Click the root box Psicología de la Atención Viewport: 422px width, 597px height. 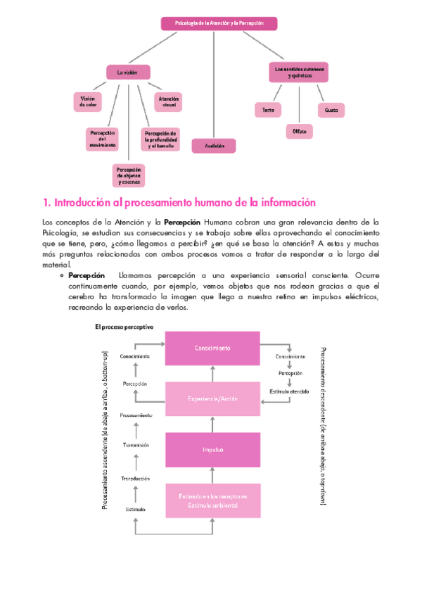point(219,23)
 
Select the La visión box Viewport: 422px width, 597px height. point(128,72)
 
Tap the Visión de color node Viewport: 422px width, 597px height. point(88,103)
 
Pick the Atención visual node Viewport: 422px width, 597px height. point(169,103)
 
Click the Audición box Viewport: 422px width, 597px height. point(214,146)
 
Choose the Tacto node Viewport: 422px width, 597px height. point(268,110)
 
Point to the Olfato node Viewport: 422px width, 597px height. point(299,132)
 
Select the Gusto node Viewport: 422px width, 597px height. point(331,110)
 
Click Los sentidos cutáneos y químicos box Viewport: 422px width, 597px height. point(299,72)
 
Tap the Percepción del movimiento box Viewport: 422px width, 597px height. point(102,139)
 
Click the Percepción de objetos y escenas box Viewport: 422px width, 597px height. point(129,175)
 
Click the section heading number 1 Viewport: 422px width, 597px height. point(46,203)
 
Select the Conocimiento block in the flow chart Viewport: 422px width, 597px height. point(212,348)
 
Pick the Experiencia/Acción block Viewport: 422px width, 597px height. point(212,398)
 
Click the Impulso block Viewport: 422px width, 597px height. point(212,450)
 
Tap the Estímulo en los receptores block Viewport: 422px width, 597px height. point(212,501)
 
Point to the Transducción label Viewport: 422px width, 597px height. point(136,478)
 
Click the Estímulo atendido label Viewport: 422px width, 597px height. point(289,391)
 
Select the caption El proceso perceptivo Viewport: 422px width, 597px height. point(124,327)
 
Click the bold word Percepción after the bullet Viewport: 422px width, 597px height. point(87,275)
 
